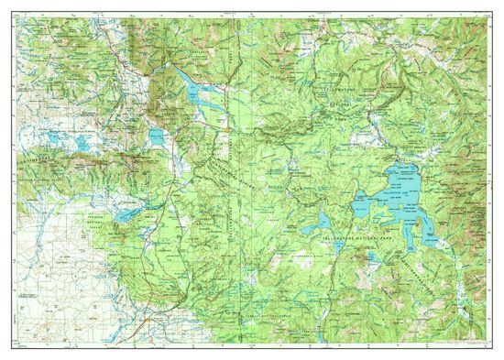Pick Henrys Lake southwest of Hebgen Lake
click(157, 138)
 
